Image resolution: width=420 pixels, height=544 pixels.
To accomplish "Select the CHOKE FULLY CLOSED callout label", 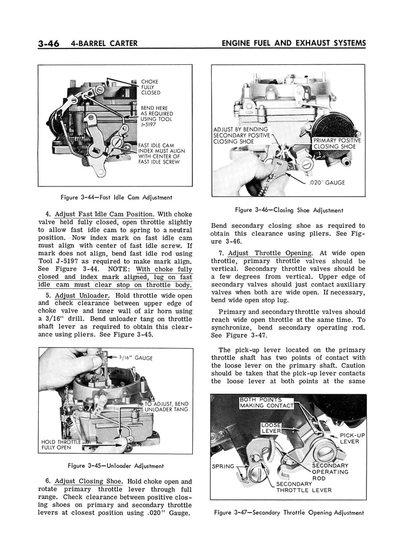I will (150, 87).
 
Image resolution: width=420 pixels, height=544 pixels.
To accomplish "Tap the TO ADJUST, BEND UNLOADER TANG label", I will (167, 407).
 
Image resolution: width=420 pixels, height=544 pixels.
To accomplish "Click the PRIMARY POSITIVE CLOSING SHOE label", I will (337, 143).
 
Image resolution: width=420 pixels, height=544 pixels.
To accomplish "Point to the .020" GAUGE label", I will (329, 183).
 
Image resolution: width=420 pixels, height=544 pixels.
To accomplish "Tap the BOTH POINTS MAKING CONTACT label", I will (266, 403).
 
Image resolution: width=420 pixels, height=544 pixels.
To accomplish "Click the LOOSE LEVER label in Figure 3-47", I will (271, 428).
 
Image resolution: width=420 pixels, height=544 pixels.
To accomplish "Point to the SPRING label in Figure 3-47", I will (224, 466).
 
